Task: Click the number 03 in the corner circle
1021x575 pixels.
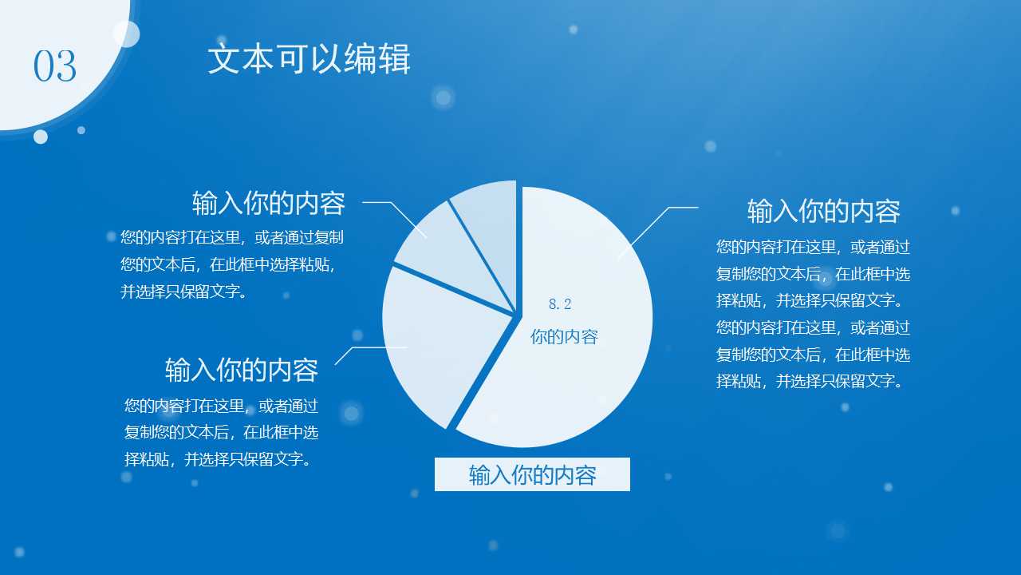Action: (x=54, y=66)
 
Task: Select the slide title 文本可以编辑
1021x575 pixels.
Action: (x=309, y=60)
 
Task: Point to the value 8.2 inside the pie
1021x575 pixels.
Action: (x=560, y=304)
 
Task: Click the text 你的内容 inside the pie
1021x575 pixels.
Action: (x=564, y=337)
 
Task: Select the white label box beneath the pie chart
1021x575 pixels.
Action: (x=532, y=474)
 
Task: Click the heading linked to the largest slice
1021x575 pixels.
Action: (x=823, y=212)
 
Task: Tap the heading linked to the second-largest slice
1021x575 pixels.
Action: (x=241, y=371)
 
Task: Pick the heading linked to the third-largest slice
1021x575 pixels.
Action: (x=268, y=204)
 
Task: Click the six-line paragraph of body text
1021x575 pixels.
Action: (x=813, y=314)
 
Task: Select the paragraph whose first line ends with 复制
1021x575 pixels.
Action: (x=232, y=264)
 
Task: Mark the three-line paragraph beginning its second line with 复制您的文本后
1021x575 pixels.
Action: (x=221, y=432)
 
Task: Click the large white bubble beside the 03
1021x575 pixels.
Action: (x=126, y=34)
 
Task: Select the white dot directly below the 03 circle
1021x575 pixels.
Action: (x=41, y=137)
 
